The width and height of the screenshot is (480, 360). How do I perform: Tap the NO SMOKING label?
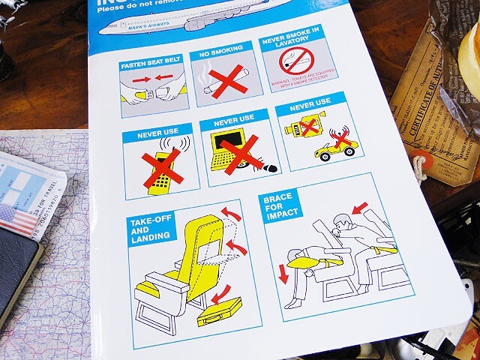point(217,55)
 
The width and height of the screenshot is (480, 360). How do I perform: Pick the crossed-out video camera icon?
point(303,127)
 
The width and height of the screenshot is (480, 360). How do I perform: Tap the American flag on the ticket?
point(16,220)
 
